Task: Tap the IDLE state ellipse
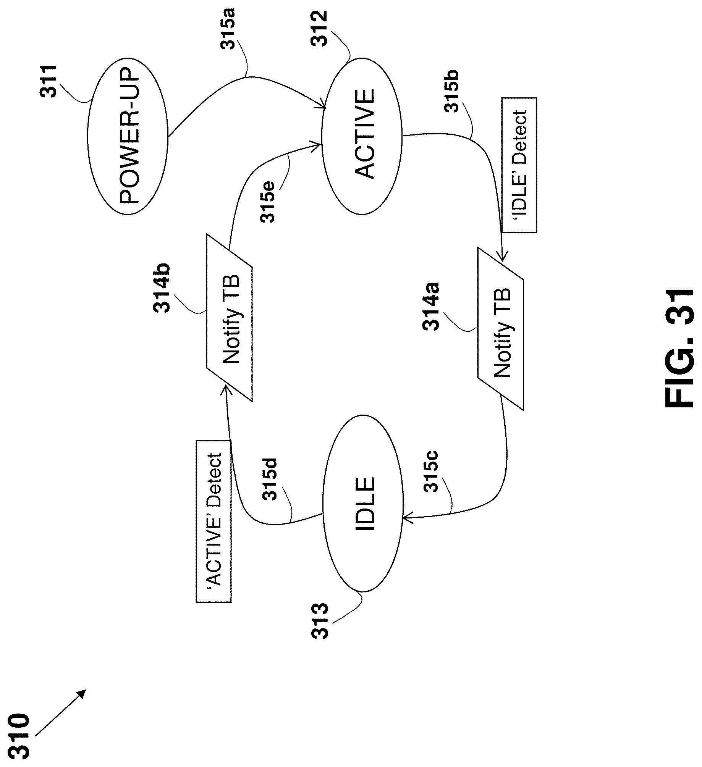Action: [363, 504]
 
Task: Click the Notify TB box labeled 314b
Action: [229, 318]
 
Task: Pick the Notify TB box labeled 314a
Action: [500, 328]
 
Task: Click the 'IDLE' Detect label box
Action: [519, 165]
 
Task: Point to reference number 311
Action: [49, 81]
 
